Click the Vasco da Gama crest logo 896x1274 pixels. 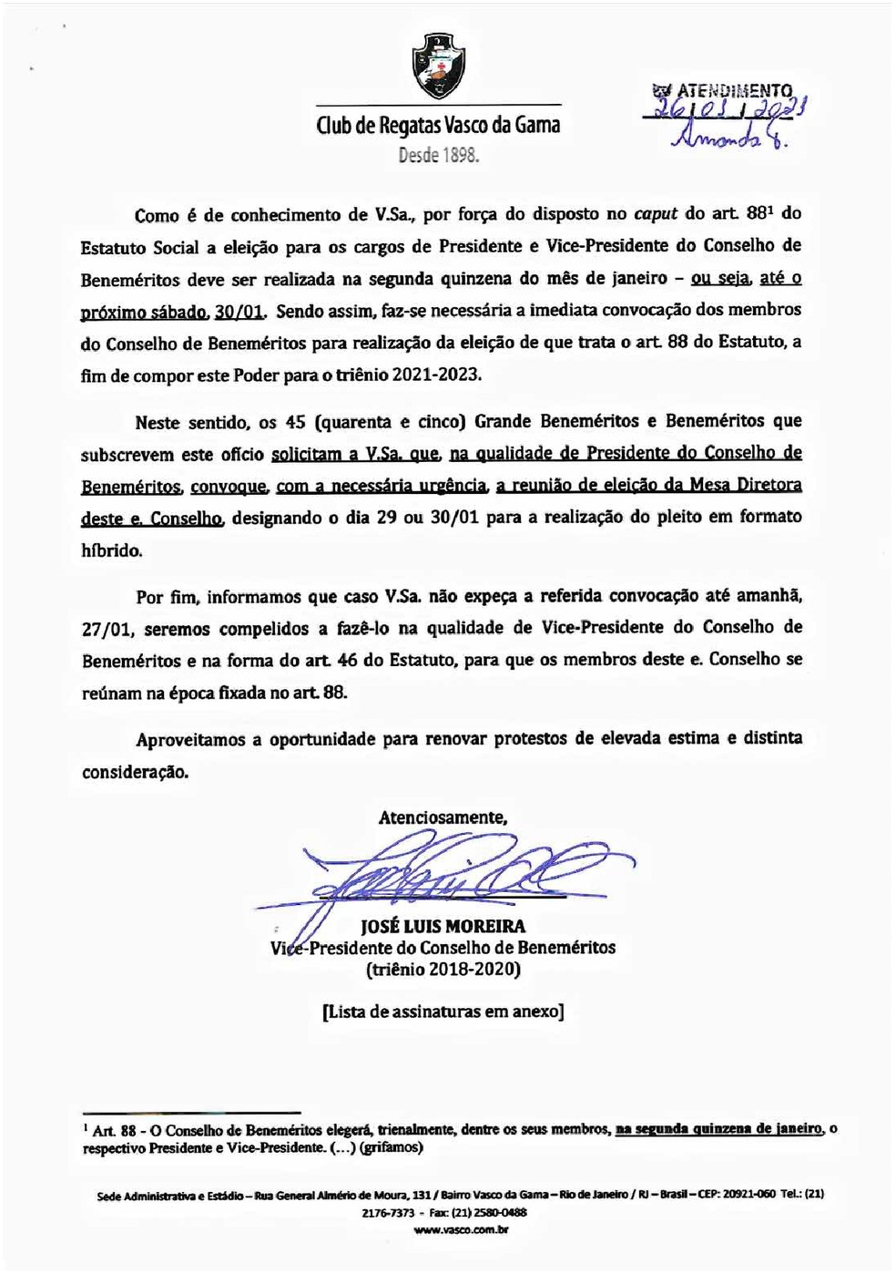[x=438, y=65]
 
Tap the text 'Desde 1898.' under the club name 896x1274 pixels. [x=438, y=155]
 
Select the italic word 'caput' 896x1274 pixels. [x=655, y=214]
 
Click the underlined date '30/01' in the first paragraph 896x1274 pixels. [x=239, y=313]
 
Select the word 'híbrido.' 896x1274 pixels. [x=112, y=550]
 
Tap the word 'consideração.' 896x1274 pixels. [x=136, y=771]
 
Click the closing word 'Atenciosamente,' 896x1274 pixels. [x=443, y=817]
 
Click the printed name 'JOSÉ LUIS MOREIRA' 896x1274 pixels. [x=443, y=927]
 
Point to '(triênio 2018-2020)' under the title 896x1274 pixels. [x=443, y=969]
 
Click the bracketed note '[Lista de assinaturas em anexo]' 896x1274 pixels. [x=443, y=1011]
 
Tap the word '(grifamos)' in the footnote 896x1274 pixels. [x=391, y=1147]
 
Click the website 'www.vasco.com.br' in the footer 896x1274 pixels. [x=461, y=1229]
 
